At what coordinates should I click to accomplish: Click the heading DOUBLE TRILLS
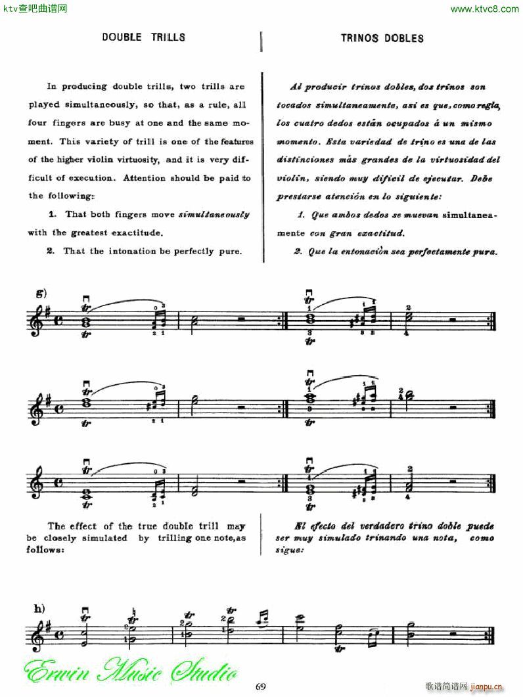[143, 37]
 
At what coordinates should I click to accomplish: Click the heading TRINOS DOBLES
[382, 38]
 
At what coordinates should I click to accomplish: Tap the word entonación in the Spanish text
[374, 251]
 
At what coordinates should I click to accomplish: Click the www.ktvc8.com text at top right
[486, 9]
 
